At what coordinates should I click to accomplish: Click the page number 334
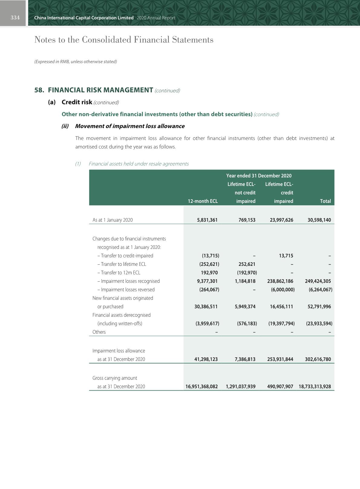15,18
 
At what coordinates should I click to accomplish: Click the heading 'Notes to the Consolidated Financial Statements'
124,40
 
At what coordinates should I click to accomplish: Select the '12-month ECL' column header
203,201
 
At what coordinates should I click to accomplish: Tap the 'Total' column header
325,201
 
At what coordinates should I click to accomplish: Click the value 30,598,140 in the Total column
319,220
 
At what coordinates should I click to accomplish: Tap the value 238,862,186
280,281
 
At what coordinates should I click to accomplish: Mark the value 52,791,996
319,306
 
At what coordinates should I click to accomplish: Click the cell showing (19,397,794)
281,323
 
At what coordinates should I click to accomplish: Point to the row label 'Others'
99,332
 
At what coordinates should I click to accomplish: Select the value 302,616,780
318,359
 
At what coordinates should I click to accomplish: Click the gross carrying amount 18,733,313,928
315,386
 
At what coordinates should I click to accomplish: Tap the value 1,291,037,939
241,386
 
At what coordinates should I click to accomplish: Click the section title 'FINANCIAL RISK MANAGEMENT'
100,90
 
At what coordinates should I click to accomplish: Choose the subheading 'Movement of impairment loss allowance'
129,126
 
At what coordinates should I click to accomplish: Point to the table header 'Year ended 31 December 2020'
259,176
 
